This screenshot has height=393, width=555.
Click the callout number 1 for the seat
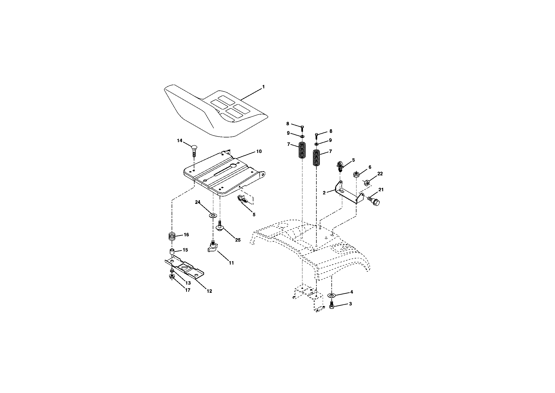pos(263,87)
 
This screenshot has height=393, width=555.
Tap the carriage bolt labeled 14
pos(194,151)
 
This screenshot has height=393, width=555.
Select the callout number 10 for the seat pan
pos(259,151)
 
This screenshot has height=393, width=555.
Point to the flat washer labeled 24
pos(213,216)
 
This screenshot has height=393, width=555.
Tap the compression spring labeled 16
pos(172,236)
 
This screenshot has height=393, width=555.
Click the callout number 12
pos(209,291)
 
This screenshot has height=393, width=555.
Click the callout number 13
pos(188,283)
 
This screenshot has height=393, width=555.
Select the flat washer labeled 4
pos(332,295)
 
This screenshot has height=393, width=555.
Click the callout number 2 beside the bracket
pos(324,193)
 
